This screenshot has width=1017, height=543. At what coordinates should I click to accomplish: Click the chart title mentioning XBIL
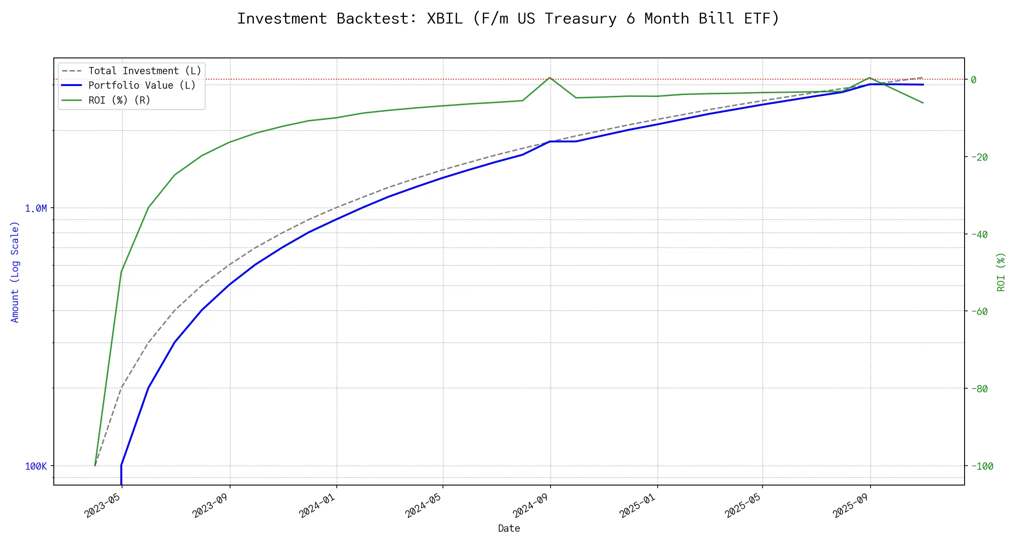pos(508,19)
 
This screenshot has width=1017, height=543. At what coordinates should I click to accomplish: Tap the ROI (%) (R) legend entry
pos(119,100)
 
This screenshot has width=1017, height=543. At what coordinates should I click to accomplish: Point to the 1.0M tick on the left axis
pos(36,208)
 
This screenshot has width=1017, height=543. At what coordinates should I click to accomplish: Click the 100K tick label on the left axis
pos(36,466)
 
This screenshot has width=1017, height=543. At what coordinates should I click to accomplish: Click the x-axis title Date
pos(509,529)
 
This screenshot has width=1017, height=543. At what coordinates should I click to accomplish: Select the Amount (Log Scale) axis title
pos(15,271)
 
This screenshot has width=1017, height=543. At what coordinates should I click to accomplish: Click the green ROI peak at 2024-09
pos(550,77)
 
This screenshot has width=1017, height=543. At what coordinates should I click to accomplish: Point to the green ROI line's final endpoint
pos(923,103)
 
